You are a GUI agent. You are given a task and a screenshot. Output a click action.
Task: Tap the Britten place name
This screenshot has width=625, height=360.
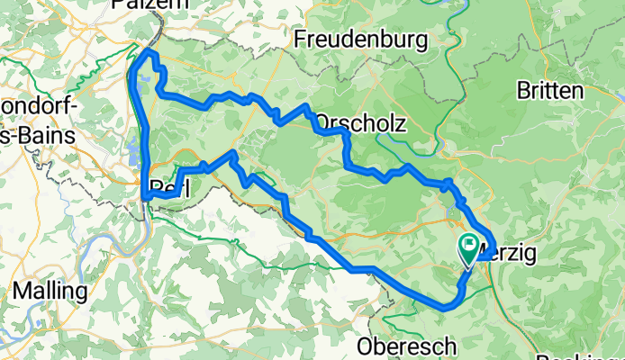(x=550, y=90)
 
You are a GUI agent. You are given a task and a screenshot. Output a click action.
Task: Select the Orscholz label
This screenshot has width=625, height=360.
(x=360, y=123)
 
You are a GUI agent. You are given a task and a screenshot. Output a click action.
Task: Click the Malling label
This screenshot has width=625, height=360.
(x=50, y=292)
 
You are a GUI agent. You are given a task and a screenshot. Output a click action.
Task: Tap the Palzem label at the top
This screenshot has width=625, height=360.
(x=141, y=5)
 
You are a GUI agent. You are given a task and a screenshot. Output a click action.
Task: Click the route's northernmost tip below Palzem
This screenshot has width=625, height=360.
(x=149, y=54)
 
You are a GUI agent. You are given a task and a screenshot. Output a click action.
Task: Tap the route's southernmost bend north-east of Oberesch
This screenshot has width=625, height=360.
(x=447, y=308)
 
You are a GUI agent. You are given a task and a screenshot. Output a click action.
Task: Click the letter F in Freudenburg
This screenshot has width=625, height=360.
(x=301, y=40)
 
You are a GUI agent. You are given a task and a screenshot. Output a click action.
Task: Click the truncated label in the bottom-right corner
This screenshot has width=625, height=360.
(x=591, y=355)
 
